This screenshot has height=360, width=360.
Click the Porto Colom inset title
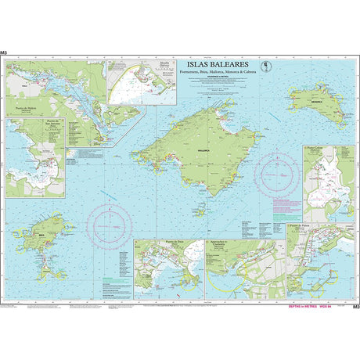pyautogui.click(x=315, y=146)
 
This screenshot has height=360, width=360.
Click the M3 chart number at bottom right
pyautogui.click(x=355, y=307)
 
